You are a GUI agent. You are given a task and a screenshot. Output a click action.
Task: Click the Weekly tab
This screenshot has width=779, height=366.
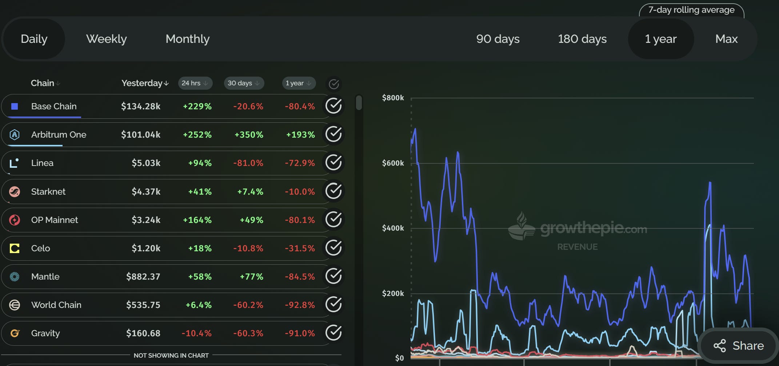click(107, 39)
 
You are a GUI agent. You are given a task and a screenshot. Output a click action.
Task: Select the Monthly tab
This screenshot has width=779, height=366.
click(188, 39)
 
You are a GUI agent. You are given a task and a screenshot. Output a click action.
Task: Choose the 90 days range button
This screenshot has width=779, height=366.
click(498, 39)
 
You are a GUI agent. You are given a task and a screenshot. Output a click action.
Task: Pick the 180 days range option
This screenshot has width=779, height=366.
click(582, 39)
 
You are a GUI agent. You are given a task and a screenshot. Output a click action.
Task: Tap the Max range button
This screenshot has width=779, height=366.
click(726, 39)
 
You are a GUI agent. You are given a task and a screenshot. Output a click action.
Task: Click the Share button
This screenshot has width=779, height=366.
click(739, 346)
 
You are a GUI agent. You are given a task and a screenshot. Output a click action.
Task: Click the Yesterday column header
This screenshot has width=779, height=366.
click(145, 83)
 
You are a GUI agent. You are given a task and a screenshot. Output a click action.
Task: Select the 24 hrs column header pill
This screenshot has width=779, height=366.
click(195, 83)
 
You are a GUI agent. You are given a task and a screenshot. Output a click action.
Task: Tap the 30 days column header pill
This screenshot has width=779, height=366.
click(244, 83)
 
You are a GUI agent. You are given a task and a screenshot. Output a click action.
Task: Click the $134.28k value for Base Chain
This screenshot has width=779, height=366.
click(141, 106)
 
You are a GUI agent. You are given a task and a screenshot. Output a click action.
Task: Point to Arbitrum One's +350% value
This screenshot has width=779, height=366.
click(249, 135)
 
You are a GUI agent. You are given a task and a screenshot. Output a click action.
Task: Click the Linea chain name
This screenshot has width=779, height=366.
click(42, 163)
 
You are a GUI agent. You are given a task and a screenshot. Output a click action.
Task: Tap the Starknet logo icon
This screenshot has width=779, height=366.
click(15, 191)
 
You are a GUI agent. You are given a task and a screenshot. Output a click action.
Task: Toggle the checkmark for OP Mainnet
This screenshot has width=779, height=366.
click(333, 220)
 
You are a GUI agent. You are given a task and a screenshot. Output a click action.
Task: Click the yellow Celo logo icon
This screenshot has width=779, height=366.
click(15, 248)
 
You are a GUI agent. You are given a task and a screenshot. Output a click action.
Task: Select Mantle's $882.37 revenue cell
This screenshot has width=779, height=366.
click(143, 277)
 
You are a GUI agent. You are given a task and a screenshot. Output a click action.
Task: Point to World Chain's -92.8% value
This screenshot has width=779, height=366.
click(300, 305)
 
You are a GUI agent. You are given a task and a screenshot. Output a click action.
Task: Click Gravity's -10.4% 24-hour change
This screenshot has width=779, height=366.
click(197, 333)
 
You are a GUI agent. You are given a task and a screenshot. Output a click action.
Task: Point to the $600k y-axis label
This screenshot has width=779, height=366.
click(393, 163)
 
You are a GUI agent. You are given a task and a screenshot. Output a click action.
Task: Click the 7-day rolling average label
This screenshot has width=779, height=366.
click(691, 10)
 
